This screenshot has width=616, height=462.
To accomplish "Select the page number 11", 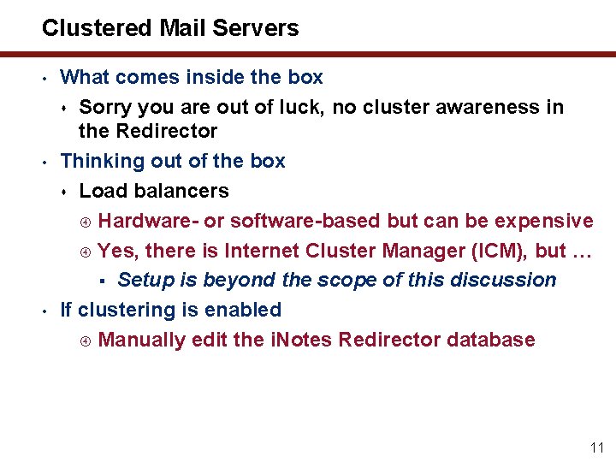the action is tap(597, 447).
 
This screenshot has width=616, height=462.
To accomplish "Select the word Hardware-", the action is tap(148, 221).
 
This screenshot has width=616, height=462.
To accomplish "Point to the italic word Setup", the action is tap(144, 280).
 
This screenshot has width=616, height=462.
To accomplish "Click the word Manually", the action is tap(142, 340).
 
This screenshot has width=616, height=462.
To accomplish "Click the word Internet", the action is tap(260, 251).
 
